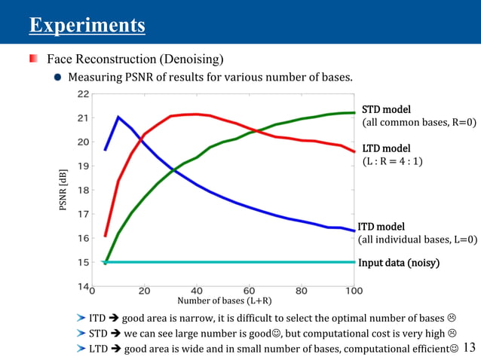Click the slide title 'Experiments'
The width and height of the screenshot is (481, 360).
tap(87, 26)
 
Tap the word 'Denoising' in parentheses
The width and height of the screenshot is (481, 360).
tap(192, 59)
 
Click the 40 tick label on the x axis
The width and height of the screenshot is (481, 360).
tap(197, 291)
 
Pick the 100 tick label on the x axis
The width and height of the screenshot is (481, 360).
tap(353, 291)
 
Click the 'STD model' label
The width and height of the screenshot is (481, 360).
tap(387, 109)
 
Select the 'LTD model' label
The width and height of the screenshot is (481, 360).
tap(387, 148)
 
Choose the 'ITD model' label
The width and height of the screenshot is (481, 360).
tap(381, 226)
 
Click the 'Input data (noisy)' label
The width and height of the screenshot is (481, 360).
tap(398, 263)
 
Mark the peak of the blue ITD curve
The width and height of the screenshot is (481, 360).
tap(118, 117)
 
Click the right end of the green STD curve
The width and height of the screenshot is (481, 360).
tap(354, 113)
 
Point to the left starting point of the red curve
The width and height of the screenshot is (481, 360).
tap(105, 236)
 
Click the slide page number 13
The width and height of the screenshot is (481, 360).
tap(469, 346)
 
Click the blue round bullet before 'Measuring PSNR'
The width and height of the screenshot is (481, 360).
tap(57, 77)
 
